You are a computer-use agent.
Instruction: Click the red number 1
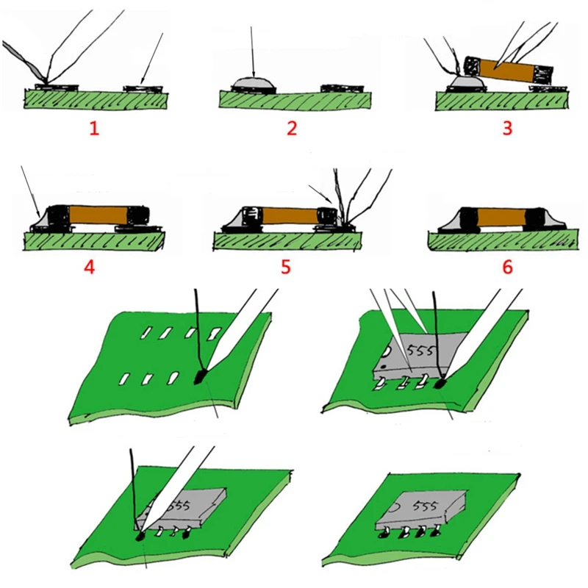93,129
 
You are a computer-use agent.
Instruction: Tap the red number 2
292,129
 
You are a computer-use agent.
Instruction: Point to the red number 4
90,266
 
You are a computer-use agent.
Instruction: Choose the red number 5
286,266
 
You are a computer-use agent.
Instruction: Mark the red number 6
506,266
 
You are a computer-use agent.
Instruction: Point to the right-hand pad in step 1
143,89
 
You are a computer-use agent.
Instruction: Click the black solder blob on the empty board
200,379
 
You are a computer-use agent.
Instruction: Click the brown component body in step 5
290,218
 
